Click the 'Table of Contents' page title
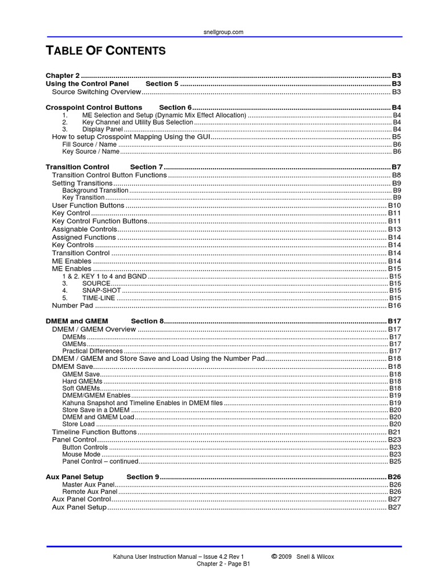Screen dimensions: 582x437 106,51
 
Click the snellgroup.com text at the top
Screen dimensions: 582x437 223,32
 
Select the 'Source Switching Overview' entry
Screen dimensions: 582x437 96,92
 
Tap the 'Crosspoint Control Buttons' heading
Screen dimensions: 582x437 94,107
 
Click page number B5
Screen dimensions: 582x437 397,137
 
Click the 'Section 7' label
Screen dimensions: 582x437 146,167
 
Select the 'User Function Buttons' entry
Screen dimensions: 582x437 88,205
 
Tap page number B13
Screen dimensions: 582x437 395,229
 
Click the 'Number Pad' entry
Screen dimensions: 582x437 72,305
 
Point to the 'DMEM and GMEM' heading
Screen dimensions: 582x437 77,321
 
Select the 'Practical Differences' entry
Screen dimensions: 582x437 92,351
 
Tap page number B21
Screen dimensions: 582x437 395,432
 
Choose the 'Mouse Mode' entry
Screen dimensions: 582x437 81,454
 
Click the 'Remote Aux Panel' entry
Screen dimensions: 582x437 89,491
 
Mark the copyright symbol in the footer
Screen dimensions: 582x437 274,556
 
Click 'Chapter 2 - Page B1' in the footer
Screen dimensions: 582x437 223,564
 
